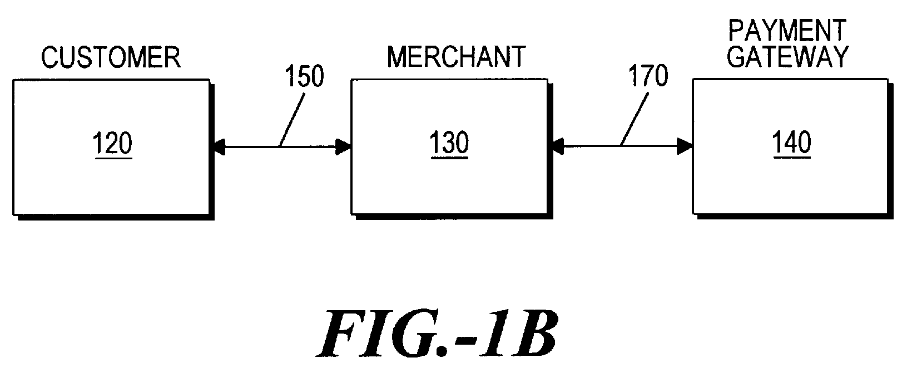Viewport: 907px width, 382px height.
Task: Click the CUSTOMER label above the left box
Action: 111,58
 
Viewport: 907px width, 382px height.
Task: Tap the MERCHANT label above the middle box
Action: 456,57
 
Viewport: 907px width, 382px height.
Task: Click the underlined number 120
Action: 113,144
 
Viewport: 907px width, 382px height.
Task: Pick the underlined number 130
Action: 449,144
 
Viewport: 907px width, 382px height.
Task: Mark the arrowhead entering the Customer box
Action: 218,147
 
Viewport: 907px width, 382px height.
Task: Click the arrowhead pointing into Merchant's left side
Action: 345,147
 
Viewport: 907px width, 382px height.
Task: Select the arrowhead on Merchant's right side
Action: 556,147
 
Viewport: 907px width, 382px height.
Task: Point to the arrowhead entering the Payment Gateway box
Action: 686,147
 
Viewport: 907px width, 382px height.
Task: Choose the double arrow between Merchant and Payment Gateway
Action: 595,147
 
